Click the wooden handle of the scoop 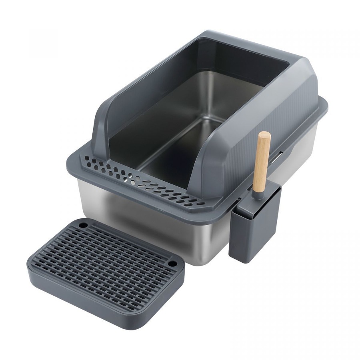(x=262, y=160)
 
